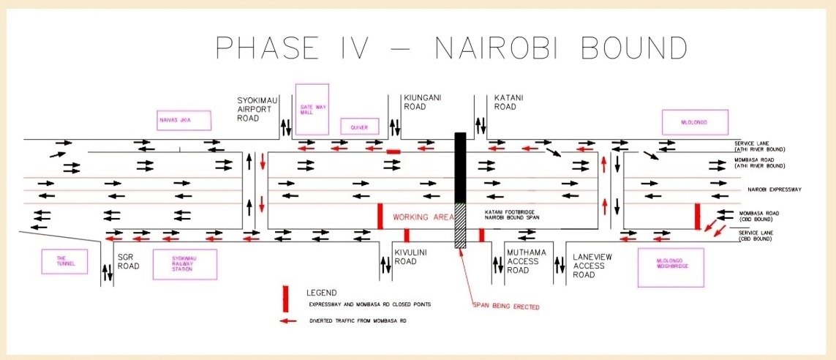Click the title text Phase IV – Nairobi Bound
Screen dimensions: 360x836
pos(451,49)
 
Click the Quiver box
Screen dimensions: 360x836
pos(358,127)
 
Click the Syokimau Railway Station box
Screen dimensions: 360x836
pos(186,264)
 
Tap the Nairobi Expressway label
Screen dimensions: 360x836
pos(775,190)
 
